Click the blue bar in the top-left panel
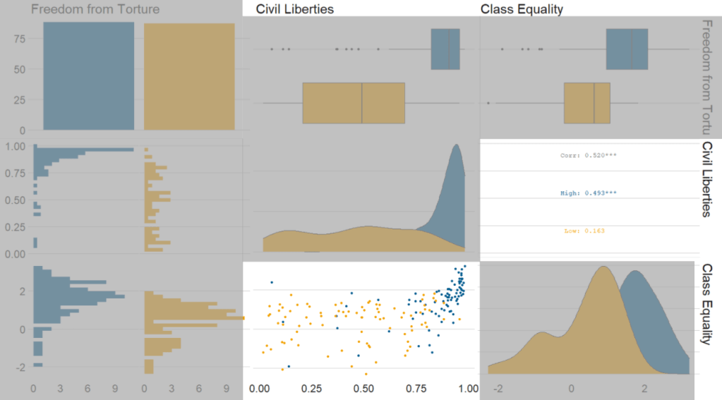pos(88,75)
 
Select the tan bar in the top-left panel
pos(189,76)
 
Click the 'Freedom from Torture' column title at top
pos(95,9)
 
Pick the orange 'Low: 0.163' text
pos(584,231)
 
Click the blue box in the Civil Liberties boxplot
pos(445,49)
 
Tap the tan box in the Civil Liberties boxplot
pos(354,103)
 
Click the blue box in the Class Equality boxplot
pos(627,49)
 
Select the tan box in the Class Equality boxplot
pos(586,103)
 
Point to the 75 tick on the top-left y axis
pos(20,40)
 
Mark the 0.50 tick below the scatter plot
pos(364,389)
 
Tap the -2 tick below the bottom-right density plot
pos(499,389)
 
